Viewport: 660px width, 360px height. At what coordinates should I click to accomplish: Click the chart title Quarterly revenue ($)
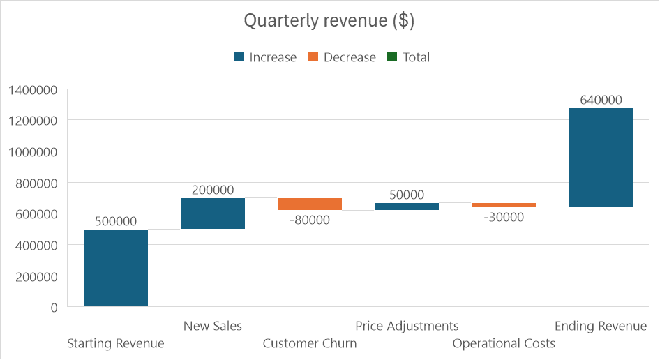329,21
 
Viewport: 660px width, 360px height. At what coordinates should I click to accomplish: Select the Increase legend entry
265,57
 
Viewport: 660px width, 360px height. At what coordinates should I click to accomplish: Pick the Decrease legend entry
342,57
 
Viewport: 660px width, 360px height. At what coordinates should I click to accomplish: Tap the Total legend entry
408,57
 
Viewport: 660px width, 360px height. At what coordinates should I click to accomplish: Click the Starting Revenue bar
116,268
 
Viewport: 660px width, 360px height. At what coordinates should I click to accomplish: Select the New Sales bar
213,213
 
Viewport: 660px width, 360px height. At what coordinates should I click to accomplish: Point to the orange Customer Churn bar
310,204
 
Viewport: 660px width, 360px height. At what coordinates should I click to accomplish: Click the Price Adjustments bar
407,207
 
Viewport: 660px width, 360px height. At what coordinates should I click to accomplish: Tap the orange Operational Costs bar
504,204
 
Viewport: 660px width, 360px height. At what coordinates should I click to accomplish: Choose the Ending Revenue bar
601,157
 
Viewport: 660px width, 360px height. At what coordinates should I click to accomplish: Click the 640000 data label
601,100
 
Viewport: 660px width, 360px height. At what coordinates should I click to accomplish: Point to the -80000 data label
309,220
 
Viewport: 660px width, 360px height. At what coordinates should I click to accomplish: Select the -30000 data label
503,217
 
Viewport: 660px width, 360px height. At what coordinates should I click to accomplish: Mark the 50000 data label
407,195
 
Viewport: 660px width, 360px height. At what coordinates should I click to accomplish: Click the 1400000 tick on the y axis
33,89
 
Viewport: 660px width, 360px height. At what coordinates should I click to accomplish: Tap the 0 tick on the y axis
54,307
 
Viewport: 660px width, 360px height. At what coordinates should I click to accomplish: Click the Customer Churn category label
310,343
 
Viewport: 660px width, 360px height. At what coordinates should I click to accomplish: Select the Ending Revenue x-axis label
601,326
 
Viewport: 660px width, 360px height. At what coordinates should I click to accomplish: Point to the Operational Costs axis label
504,343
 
